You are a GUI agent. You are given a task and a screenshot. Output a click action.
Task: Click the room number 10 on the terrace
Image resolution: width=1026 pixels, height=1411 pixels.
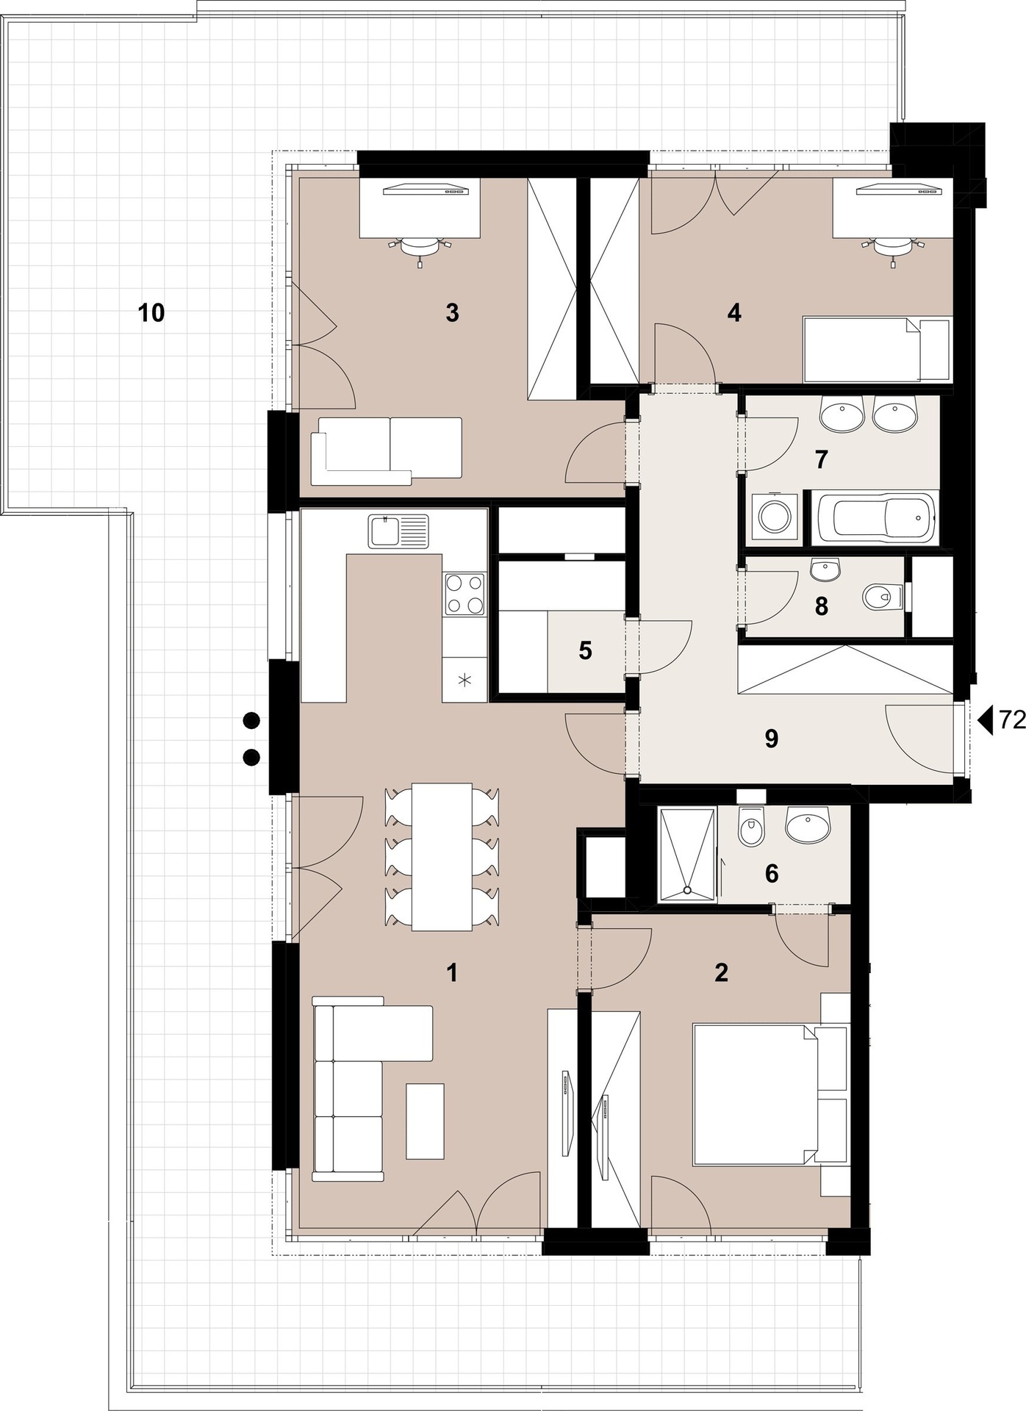(x=151, y=313)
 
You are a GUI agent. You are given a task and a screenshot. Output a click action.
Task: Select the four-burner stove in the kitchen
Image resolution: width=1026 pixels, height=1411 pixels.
(x=464, y=594)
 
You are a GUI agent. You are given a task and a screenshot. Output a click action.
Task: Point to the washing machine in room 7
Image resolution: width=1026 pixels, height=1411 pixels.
(x=773, y=516)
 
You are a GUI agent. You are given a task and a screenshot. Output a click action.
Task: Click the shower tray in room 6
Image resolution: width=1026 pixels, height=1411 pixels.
(x=687, y=854)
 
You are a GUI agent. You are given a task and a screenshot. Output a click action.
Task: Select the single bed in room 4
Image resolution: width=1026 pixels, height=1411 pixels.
(x=878, y=349)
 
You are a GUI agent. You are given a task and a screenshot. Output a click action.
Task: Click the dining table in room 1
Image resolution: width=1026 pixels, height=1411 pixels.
(x=442, y=857)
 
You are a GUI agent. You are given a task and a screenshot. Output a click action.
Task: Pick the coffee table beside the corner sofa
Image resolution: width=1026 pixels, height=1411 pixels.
(x=426, y=1121)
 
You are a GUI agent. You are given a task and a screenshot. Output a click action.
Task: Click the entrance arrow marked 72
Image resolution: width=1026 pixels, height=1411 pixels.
(x=986, y=720)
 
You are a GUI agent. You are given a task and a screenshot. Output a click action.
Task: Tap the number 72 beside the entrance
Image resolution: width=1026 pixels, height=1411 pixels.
(x=1012, y=721)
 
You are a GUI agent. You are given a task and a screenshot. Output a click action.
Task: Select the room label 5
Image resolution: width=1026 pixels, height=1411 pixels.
(x=585, y=650)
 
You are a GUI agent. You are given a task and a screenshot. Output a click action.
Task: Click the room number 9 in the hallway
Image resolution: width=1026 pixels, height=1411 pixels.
(x=771, y=739)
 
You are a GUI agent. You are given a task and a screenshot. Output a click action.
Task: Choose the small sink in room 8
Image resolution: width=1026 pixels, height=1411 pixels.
(x=824, y=569)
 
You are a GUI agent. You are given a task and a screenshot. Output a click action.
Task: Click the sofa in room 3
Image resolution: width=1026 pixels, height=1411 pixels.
(x=387, y=451)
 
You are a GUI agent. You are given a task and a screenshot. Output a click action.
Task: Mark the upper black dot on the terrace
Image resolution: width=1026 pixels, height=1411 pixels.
(x=251, y=721)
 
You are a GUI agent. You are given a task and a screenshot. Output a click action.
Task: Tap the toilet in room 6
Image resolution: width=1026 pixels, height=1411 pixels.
(x=750, y=829)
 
